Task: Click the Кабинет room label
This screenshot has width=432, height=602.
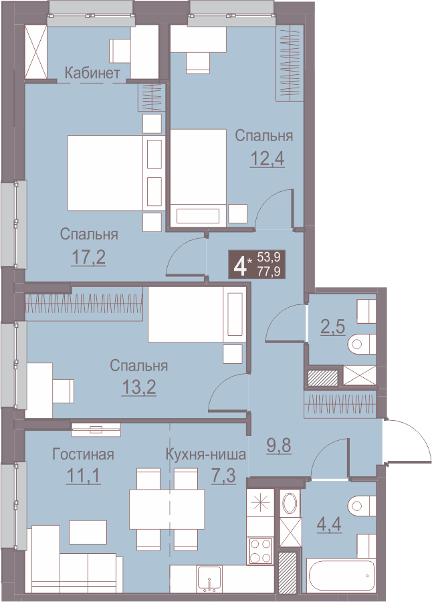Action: pos(92,73)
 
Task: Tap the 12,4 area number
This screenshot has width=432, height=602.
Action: pos(267,158)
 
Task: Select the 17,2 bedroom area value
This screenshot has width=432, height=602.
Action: pos(89,258)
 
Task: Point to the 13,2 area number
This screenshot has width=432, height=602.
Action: pos(138,387)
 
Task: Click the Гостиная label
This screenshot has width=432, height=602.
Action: pos(84,454)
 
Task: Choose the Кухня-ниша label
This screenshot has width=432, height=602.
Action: pos(206,455)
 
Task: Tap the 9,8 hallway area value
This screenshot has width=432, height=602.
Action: pos(279,445)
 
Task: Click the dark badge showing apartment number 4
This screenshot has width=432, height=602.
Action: pos(257,264)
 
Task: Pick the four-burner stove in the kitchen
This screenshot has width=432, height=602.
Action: pos(261,550)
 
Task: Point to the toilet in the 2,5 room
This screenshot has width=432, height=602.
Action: pos(362,344)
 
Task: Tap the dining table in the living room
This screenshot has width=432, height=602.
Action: pos(167,509)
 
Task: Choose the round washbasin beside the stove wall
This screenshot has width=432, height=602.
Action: pos(290,503)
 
